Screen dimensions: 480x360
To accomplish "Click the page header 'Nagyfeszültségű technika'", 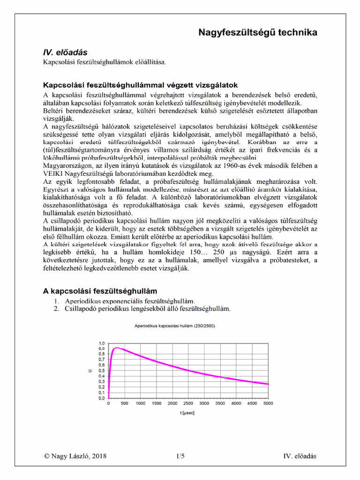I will (x=258, y=32).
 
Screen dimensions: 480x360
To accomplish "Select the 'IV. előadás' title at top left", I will (x=65, y=52).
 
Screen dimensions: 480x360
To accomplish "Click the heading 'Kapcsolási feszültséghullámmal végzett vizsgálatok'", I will (x=141, y=85).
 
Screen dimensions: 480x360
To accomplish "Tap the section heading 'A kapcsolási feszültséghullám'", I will (x=100, y=292).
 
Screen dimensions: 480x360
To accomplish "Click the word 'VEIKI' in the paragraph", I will (x=54, y=173).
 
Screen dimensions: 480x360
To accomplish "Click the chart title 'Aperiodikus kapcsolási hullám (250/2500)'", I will (x=175, y=325).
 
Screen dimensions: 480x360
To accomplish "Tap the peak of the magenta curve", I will (x=117, y=348).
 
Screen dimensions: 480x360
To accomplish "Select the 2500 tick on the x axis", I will (x=188, y=403).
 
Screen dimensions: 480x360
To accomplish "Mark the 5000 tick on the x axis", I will (x=268, y=403).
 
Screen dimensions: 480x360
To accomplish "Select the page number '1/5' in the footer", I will (x=180, y=456).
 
